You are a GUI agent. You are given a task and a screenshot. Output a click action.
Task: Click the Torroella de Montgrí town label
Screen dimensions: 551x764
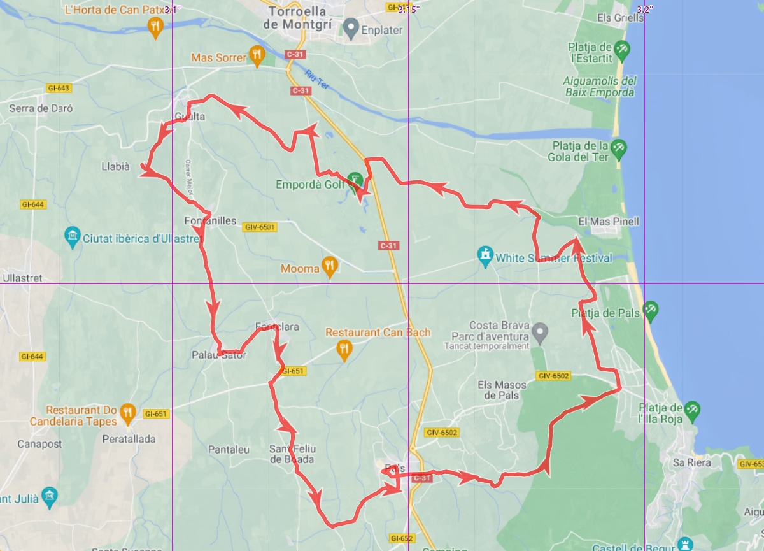coord(298,18)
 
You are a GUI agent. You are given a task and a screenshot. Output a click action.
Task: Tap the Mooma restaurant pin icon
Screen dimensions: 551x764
coord(329,267)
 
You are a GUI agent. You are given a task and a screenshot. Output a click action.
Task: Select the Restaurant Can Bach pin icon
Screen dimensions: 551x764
coord(344,349)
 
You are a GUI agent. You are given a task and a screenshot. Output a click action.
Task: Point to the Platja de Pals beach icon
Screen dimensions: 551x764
coord(651,311)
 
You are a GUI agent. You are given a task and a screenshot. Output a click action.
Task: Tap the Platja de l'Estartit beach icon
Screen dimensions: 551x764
coord(622,48)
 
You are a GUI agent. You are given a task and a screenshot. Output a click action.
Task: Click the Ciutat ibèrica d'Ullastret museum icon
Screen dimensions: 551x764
coord(73,238)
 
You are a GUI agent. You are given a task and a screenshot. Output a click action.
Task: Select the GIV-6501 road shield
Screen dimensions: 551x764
coord(260,227)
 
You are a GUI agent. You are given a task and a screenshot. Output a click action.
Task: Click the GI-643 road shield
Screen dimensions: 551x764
coord(58,88)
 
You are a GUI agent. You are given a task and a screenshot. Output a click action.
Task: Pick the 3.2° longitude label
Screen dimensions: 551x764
coord(645,9)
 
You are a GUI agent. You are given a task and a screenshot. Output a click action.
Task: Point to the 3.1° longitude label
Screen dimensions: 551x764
coord(173,9)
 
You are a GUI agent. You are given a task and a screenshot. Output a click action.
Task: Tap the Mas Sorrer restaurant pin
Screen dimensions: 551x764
coord(257,56)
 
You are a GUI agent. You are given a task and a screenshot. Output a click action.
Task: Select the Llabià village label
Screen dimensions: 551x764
coord(115,167)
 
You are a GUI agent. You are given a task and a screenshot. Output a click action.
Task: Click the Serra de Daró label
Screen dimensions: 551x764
coord(41,108)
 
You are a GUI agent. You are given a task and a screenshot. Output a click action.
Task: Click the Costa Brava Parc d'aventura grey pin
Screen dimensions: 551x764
coord(540,331)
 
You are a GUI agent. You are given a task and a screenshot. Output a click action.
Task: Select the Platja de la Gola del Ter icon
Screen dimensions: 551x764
coord(618,150)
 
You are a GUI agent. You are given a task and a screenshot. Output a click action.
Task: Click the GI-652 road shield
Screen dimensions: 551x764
coord(401,538)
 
